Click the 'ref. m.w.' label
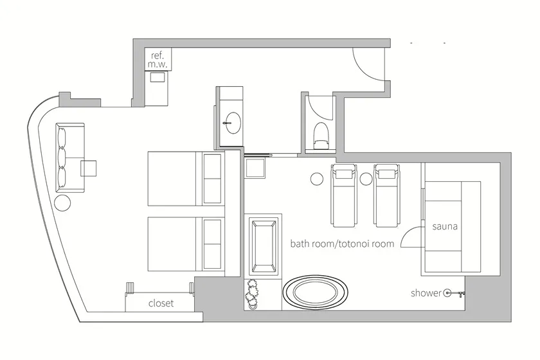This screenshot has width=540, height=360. tap(157, 59)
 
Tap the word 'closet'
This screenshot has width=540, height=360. tap(161, 303)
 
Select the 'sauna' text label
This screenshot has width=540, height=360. tap(445, 226)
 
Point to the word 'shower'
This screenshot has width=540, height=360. tap(426, 293)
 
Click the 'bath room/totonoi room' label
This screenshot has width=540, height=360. tap(342, 244)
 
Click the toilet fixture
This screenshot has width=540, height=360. tap(321, 135)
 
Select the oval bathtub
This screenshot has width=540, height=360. tap(316, 292)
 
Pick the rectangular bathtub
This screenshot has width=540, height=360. tap(264, 246)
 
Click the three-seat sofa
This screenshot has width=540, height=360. tap(70, 157)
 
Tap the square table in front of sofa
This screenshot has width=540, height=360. tap(89, 168)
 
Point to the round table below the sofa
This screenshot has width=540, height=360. tap(62, 203)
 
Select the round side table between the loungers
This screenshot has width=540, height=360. tap(366, 179)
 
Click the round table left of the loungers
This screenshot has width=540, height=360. tap(316, 179)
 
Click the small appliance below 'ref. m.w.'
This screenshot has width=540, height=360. tap(157, 77)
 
